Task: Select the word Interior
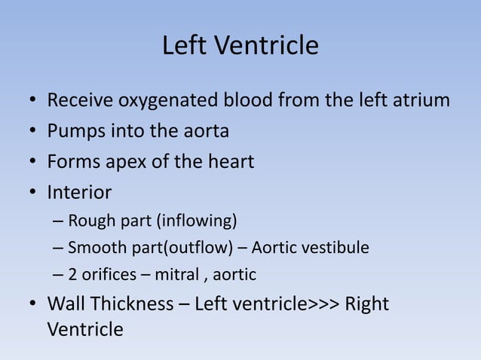coord(79,193)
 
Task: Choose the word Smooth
coord(93,248)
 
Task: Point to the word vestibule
coord(339,248)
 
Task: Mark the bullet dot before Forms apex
coord(32,163)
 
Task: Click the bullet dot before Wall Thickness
coord(32,305)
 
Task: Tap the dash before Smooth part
coord(59,248)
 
